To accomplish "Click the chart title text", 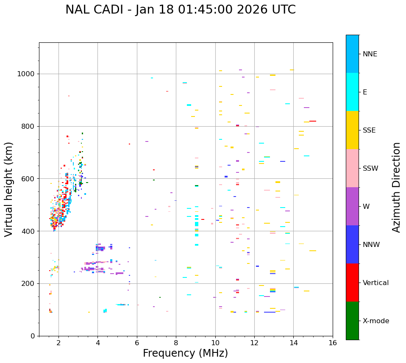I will (181, 10).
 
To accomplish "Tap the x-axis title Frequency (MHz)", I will (185, 353).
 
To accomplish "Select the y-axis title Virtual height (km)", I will (9, 189).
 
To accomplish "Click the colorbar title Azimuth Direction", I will (396, 187).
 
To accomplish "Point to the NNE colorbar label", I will (370, 54).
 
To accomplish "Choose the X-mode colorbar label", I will (375, 321).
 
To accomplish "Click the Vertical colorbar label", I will (375, 283).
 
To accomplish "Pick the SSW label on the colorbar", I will (370, 169).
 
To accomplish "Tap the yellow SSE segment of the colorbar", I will (352, 130).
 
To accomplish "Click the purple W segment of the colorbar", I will (352, 206).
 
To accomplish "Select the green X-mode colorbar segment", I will (352, 321).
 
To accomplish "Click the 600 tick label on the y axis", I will (29, 179).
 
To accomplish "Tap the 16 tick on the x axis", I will (332, 342).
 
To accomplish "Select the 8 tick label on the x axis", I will (176, 342).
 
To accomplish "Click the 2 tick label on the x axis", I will (58, 342).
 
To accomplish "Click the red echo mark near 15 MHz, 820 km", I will (313, 121).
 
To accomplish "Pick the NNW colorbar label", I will (371, 245).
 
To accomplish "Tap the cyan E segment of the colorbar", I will (352, 92).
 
